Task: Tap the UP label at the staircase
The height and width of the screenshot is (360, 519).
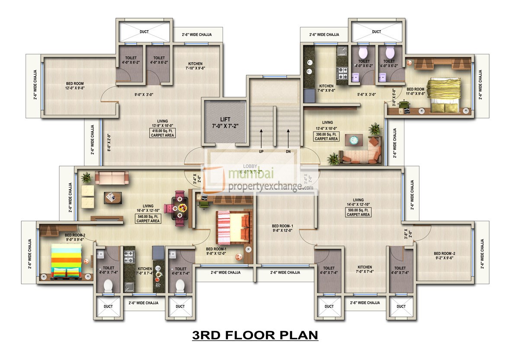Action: point(261,152)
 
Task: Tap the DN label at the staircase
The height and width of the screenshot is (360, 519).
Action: point(288,152)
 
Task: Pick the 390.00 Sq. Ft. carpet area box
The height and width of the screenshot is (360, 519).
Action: point(327,137)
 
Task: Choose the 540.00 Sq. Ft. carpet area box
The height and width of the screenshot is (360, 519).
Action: point(148,218)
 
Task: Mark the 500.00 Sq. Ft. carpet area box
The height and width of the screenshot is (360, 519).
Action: point(358,212)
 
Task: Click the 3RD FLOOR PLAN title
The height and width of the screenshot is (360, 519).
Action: point(255,335)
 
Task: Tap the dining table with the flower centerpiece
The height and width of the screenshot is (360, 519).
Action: point(179,207)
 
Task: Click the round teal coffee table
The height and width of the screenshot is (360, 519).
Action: point(354,140)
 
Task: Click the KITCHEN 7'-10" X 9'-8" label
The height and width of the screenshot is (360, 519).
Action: point(195,66)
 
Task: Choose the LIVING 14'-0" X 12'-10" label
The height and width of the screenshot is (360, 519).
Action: point(358,202)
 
